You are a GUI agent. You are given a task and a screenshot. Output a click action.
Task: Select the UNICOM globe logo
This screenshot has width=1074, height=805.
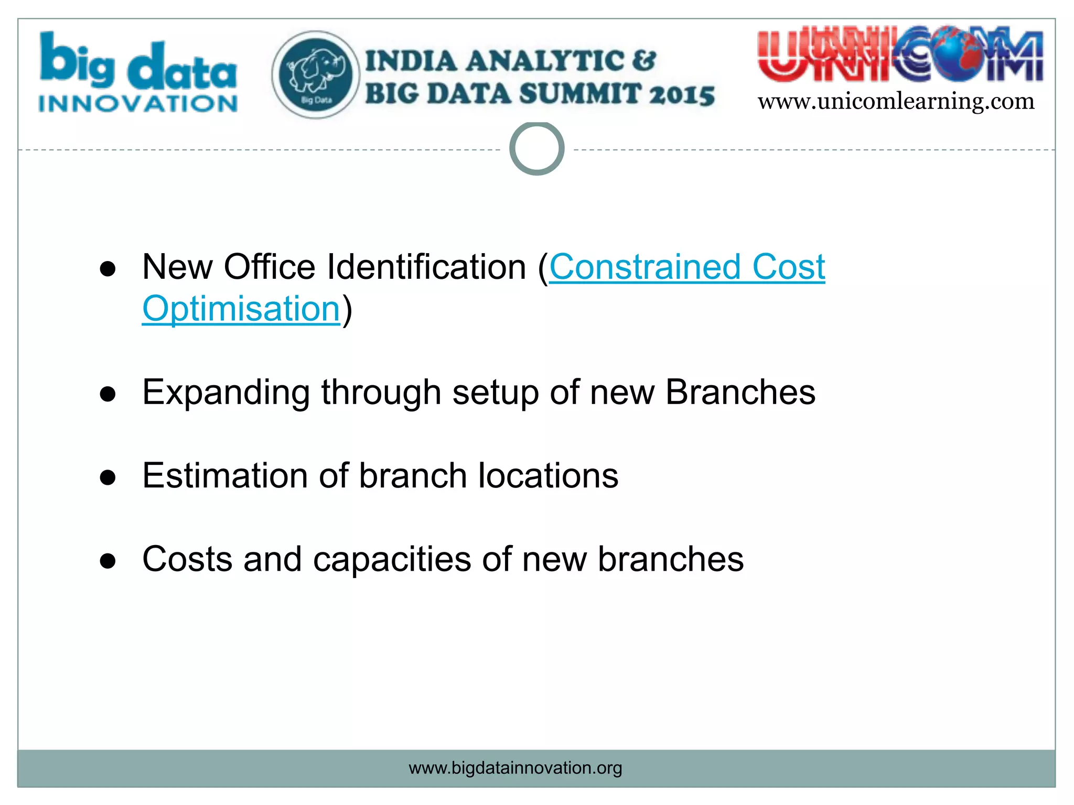pyautogui.click(x=900, y=55)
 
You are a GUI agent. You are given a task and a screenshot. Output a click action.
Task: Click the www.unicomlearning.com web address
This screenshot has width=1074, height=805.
pyautogui.click(x=896, y=101)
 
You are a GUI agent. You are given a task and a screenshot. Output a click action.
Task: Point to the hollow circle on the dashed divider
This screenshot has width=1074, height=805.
pyautogui.click(x=536, y=149)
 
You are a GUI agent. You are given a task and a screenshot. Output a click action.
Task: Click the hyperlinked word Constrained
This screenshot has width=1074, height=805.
pyautogui.click(x=645, y=267)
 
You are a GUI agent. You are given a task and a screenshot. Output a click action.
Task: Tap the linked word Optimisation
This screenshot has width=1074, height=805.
pyautogui.click(x=241, y=309)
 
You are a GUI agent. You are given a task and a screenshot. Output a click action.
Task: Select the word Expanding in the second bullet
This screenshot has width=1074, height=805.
pyautogui.click(x=226, y=393)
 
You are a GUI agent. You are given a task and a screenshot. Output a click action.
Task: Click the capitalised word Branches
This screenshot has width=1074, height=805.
pyautogui.click(x=740, y=393)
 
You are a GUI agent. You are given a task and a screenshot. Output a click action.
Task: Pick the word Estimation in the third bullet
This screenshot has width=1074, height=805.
pyautogui.click(x=225, y=476)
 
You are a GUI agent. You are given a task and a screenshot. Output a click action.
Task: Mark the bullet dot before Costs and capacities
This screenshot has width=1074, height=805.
pyautogui.click(x=108, y=561)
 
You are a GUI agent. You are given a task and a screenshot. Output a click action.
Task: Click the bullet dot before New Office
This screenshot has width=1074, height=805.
pyautogui.click(x=108, y=269)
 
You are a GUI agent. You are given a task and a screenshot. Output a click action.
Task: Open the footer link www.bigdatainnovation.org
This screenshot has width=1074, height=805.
pyautogui.click(x=515, y=768)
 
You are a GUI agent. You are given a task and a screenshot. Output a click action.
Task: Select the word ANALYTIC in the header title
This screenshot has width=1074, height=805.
pyautogui.click(x=544, y=61)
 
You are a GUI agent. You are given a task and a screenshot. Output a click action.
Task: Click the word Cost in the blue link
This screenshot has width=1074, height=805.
pyautogui.click(x=788, y=267)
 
